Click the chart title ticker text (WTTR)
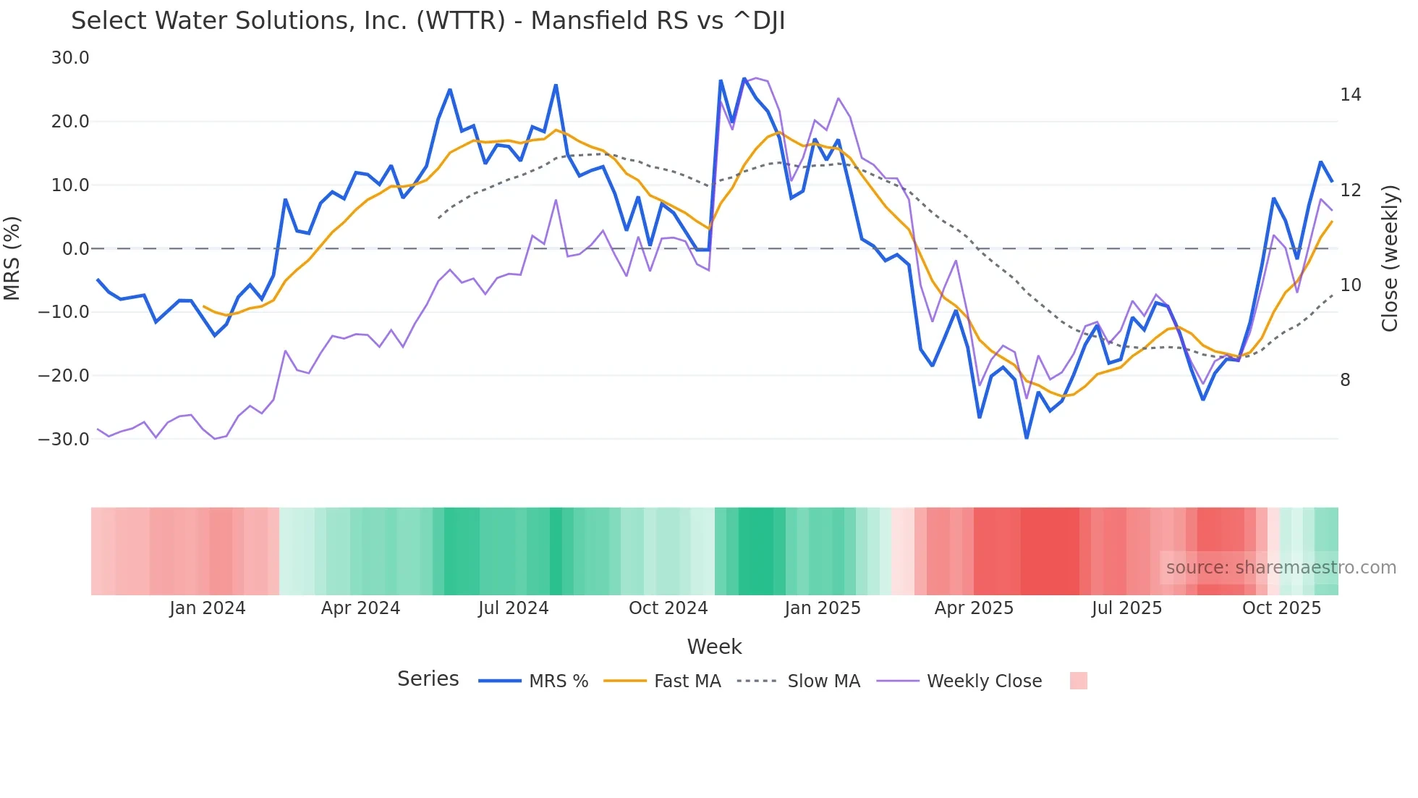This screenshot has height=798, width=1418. coord(460,21)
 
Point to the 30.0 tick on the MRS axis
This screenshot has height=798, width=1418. coord(70,58)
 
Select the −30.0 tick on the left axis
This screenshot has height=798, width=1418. coord(64,439)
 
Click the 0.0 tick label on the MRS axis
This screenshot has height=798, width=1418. coord(75,249)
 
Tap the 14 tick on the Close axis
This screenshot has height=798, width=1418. coord(1350,95)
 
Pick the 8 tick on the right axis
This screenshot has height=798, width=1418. coord(1345,380)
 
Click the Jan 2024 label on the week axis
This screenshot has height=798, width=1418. coord(208,608)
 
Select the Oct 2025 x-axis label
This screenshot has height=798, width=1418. coord(1281,608)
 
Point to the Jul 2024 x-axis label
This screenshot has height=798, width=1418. coord(514,608)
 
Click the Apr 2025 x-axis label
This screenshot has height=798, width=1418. coord(974,608)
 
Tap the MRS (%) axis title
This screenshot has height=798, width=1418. coord(12,258)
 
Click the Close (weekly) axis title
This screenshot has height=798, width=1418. coord(1389,259)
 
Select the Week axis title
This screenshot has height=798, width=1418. coord(714,647)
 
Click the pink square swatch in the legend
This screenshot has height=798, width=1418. coord(1078,681)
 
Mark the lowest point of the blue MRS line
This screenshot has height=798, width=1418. coord(1027,438)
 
